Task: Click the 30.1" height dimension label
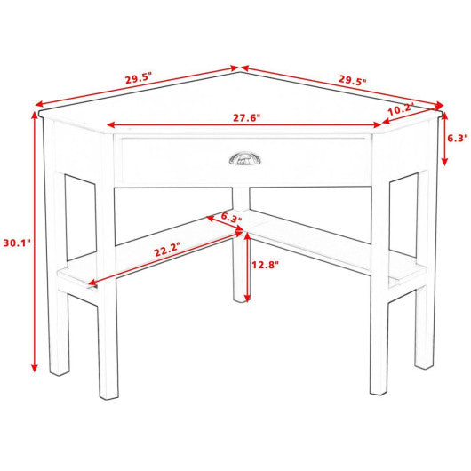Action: pos(17,243)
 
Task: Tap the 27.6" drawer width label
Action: pos(247,118)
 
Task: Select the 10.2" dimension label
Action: pos(401,109)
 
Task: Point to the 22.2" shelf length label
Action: pos(167,250)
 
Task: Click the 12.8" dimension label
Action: pos(265,265)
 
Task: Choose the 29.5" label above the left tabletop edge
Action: pos(139,79)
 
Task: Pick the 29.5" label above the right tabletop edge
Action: pos(353,80)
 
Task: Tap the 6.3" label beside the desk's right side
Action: pos(458,138)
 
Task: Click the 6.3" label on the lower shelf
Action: pos(231,217)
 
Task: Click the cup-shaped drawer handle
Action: pos(245,158)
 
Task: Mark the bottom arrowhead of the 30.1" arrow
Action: pos(35,368)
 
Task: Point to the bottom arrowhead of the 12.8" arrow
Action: pos(247,298)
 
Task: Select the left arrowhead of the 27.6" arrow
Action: pos(111,125)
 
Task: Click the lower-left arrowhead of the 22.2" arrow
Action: pos(92,282)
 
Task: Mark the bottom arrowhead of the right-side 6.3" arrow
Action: pos(444,162)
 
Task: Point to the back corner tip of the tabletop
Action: pos(240,72)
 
